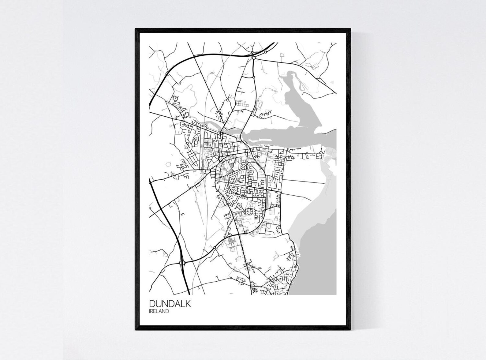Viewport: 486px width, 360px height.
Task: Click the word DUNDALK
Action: tap(170, 304)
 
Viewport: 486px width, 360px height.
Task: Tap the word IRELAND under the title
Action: tap(159, 311)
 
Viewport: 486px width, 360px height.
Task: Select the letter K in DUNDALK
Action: tap(188, 304)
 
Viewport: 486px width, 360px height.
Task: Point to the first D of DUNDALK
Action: tap(152, 304)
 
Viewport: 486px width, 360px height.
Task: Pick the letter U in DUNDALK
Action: tap(158, 304)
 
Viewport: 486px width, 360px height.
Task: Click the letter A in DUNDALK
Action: tap(177, 304)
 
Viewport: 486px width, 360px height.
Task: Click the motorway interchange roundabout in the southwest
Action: tap(183, 263)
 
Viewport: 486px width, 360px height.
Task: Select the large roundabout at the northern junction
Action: tap(254, 57)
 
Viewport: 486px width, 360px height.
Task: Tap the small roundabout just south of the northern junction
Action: tap(254, 77)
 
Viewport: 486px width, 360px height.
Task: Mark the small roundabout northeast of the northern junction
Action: tap(266, 52)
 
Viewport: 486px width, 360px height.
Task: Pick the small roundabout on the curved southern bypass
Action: tap(215, 247)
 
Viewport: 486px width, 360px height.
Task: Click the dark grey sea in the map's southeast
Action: tap(318, 260)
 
